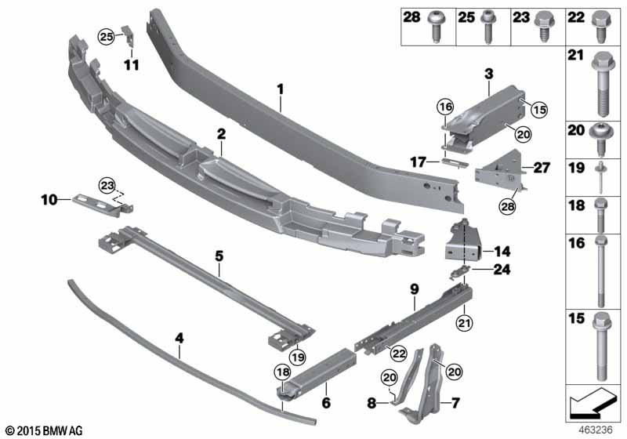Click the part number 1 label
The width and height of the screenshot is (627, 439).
tap(280, 90)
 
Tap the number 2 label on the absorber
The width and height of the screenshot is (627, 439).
tap(222, 135)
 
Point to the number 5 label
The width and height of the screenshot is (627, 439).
tap(219, 255)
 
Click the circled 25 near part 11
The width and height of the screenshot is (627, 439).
tap(106, 35)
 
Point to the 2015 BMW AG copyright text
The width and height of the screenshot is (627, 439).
tap(43, 431)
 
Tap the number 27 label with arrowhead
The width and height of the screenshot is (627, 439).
tap(541, 168)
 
